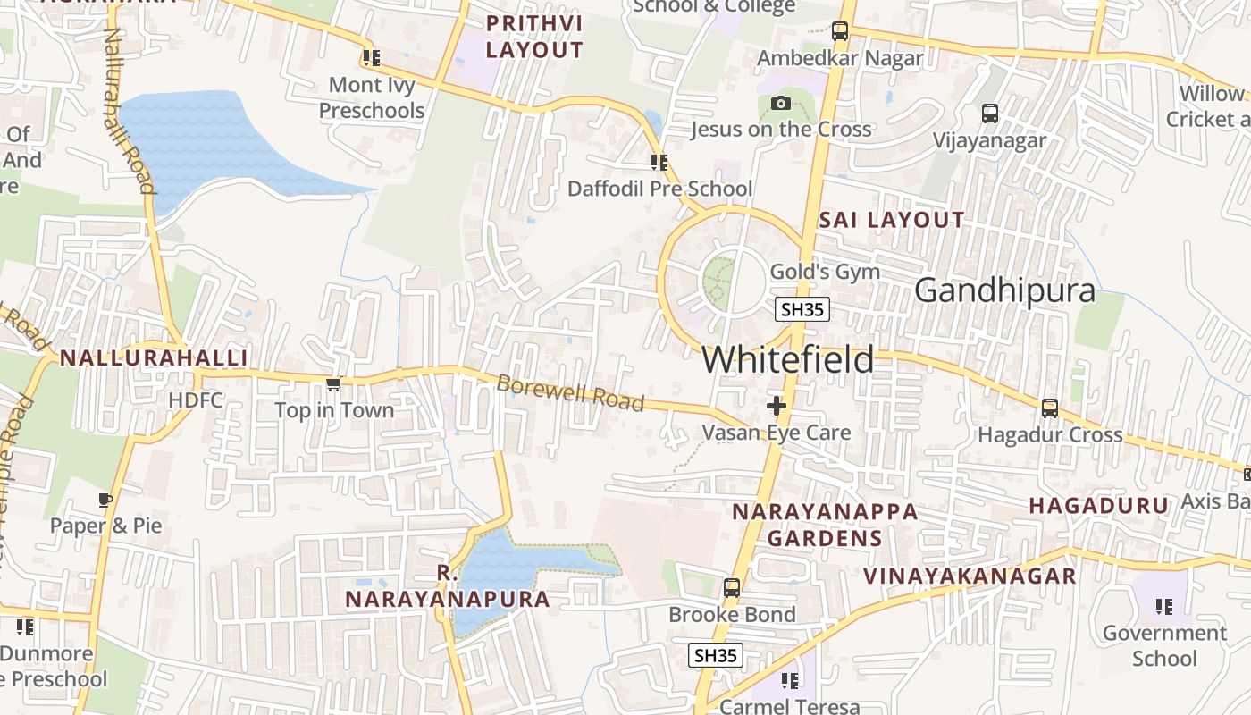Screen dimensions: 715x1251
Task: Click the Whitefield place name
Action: point(787,359)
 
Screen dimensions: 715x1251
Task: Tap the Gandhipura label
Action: point(1004,290)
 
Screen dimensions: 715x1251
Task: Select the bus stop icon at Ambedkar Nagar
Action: point(840,31)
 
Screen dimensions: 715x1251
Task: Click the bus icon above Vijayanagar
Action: point(990,114)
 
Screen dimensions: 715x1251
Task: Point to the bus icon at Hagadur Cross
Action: point(1050,408)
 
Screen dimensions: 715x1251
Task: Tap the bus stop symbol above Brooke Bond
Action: point(732,588)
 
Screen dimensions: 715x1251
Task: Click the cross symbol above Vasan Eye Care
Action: point(777,406)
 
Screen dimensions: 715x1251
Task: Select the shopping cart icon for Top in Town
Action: point(333,383)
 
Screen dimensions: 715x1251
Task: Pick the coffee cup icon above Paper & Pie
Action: point(105,500)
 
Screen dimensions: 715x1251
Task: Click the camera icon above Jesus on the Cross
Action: point(781,103)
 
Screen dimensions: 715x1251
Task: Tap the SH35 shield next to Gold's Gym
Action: point(802,309)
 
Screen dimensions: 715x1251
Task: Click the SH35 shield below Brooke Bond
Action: point(716,655)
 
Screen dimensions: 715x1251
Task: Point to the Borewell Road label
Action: point(570,393)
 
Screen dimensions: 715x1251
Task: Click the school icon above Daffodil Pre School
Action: point(659,162)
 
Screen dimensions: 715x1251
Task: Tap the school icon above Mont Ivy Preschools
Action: point(372,58)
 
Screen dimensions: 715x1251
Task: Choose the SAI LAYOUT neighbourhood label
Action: point(892,220)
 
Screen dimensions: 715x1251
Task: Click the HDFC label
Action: point(196,400)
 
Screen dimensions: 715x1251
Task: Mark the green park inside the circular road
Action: point(718,279)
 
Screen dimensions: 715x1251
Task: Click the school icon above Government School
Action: point(1163,607)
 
